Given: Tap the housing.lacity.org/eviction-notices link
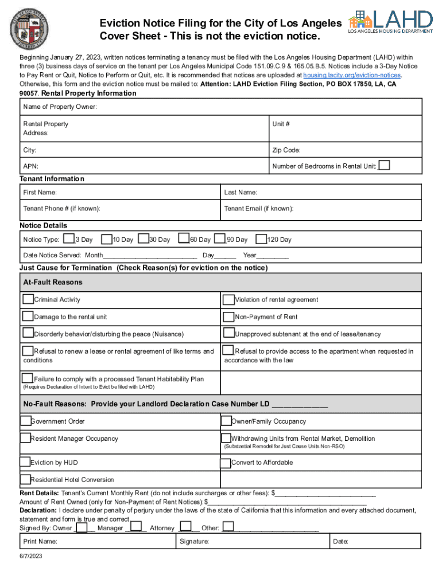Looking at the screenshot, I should tap(352, 75).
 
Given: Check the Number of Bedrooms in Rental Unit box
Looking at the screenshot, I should tap(385, 165).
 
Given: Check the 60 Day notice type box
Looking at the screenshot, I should tap(184, 238).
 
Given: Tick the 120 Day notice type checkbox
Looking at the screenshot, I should tap(261, 239).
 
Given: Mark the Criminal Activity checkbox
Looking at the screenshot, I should tap(28, 299).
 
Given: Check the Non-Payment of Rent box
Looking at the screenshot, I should tap(228, 316).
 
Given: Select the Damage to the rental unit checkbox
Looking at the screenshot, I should tap(28, 316).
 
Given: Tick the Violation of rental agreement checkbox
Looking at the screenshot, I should tap(228, 299).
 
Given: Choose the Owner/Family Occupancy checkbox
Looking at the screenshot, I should tap(226, 421).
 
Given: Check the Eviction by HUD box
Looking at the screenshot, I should tap(25, 462).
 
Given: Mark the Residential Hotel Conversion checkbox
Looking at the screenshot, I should tap(25, 479).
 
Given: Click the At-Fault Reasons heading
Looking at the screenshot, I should tap(53, 282).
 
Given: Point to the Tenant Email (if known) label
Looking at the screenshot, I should tap(259, 209).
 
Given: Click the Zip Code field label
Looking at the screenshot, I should tap(286, 150).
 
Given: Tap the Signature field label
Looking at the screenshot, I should tap(194, 541).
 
